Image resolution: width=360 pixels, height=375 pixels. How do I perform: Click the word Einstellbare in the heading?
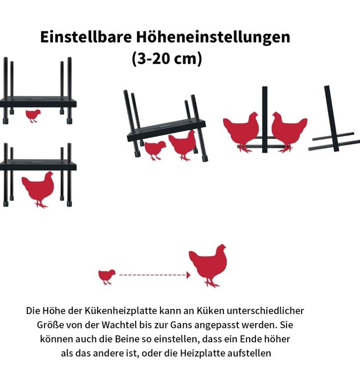(x=86, y=37)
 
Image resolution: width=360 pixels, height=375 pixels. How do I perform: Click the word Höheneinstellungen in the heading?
(x=213, y=37)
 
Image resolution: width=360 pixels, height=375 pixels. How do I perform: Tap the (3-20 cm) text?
(x=167, y=59)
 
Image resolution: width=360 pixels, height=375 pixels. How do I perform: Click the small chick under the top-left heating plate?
(x=33, y=116)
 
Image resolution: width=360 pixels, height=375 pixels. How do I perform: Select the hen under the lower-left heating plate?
(x=38, y=189)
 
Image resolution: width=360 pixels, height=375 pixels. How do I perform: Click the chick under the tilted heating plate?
(x=155, y=150)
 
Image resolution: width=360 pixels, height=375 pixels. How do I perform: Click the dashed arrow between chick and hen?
(x=155, y=275)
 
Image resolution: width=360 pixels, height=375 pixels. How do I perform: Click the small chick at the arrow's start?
(x=107, y=277)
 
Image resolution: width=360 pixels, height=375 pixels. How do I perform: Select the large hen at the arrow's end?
(x=208, y=265)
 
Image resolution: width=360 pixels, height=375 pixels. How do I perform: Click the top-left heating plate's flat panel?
(x=38, y=102)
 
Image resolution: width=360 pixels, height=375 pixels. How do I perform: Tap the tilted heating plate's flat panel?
(x=166, y=130)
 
